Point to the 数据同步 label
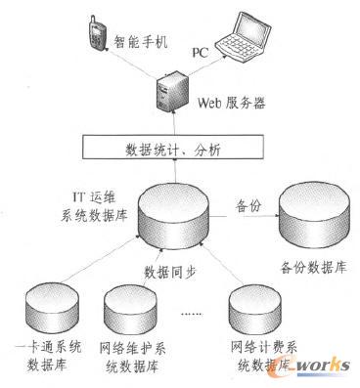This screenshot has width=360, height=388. point(174,273)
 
